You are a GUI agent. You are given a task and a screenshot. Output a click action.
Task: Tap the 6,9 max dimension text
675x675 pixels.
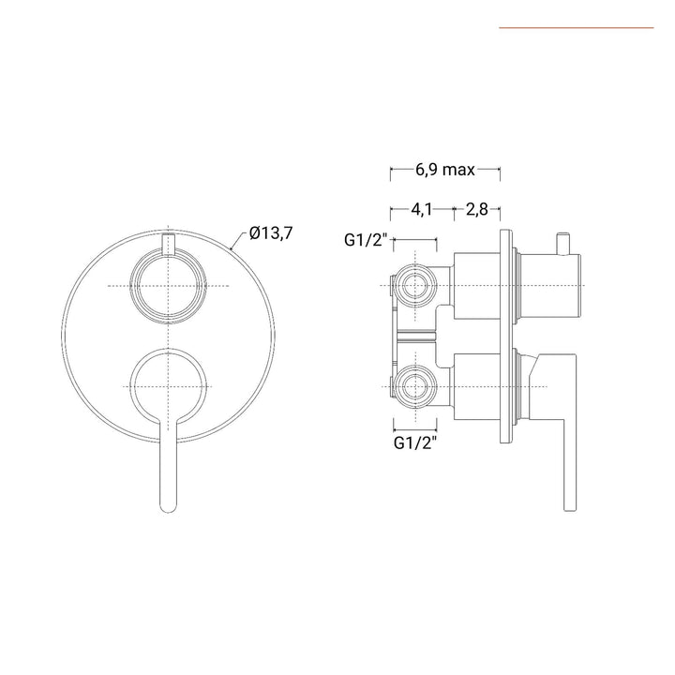click(445, 170)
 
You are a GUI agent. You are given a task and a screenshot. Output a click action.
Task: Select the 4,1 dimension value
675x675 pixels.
click(420, 209)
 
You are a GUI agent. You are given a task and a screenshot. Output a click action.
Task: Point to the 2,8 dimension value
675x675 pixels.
click(476, 209)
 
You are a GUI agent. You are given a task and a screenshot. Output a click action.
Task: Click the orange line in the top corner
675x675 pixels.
click(576, 28)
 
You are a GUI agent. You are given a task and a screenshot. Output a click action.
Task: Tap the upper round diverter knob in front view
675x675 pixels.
click(167, 284)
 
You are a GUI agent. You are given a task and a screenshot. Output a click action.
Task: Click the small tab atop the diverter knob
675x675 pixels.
click(167, 245)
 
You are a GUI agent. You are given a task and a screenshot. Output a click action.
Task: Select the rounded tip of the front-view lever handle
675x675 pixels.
click(167, 505)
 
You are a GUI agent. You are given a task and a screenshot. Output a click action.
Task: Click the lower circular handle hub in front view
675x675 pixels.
click(167, 386)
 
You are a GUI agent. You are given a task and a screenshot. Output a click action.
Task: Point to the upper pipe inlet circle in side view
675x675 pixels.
click(414, 283)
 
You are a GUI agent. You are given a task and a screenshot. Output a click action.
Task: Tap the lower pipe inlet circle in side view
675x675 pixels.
click(414, 385)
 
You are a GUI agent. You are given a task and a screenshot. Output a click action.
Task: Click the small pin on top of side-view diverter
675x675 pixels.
click(564, 241)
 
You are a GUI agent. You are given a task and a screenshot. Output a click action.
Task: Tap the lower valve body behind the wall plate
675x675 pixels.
click(479, 385)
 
